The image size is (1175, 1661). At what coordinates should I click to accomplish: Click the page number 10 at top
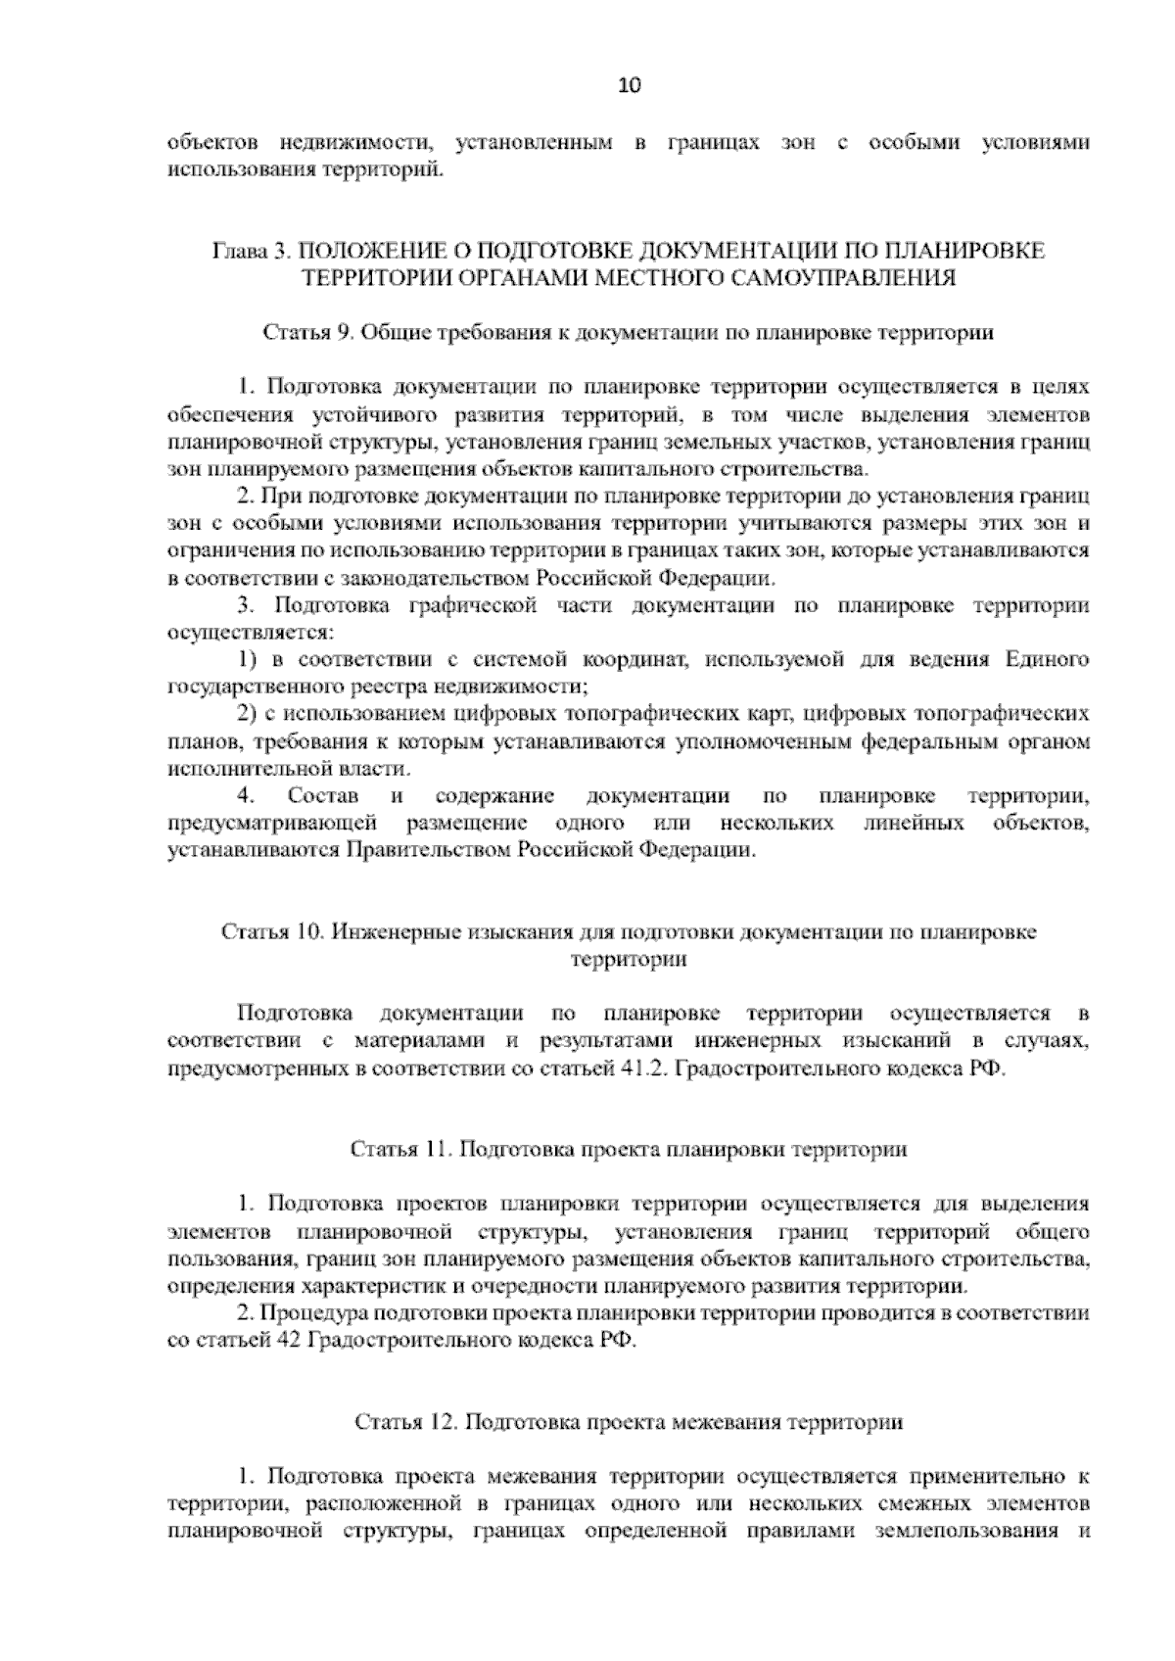[x=628, y=85]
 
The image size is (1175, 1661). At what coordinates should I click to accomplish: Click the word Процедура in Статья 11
[x=319, y=1313]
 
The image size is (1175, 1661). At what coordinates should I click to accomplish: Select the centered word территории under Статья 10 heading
[x=628, y=959]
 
